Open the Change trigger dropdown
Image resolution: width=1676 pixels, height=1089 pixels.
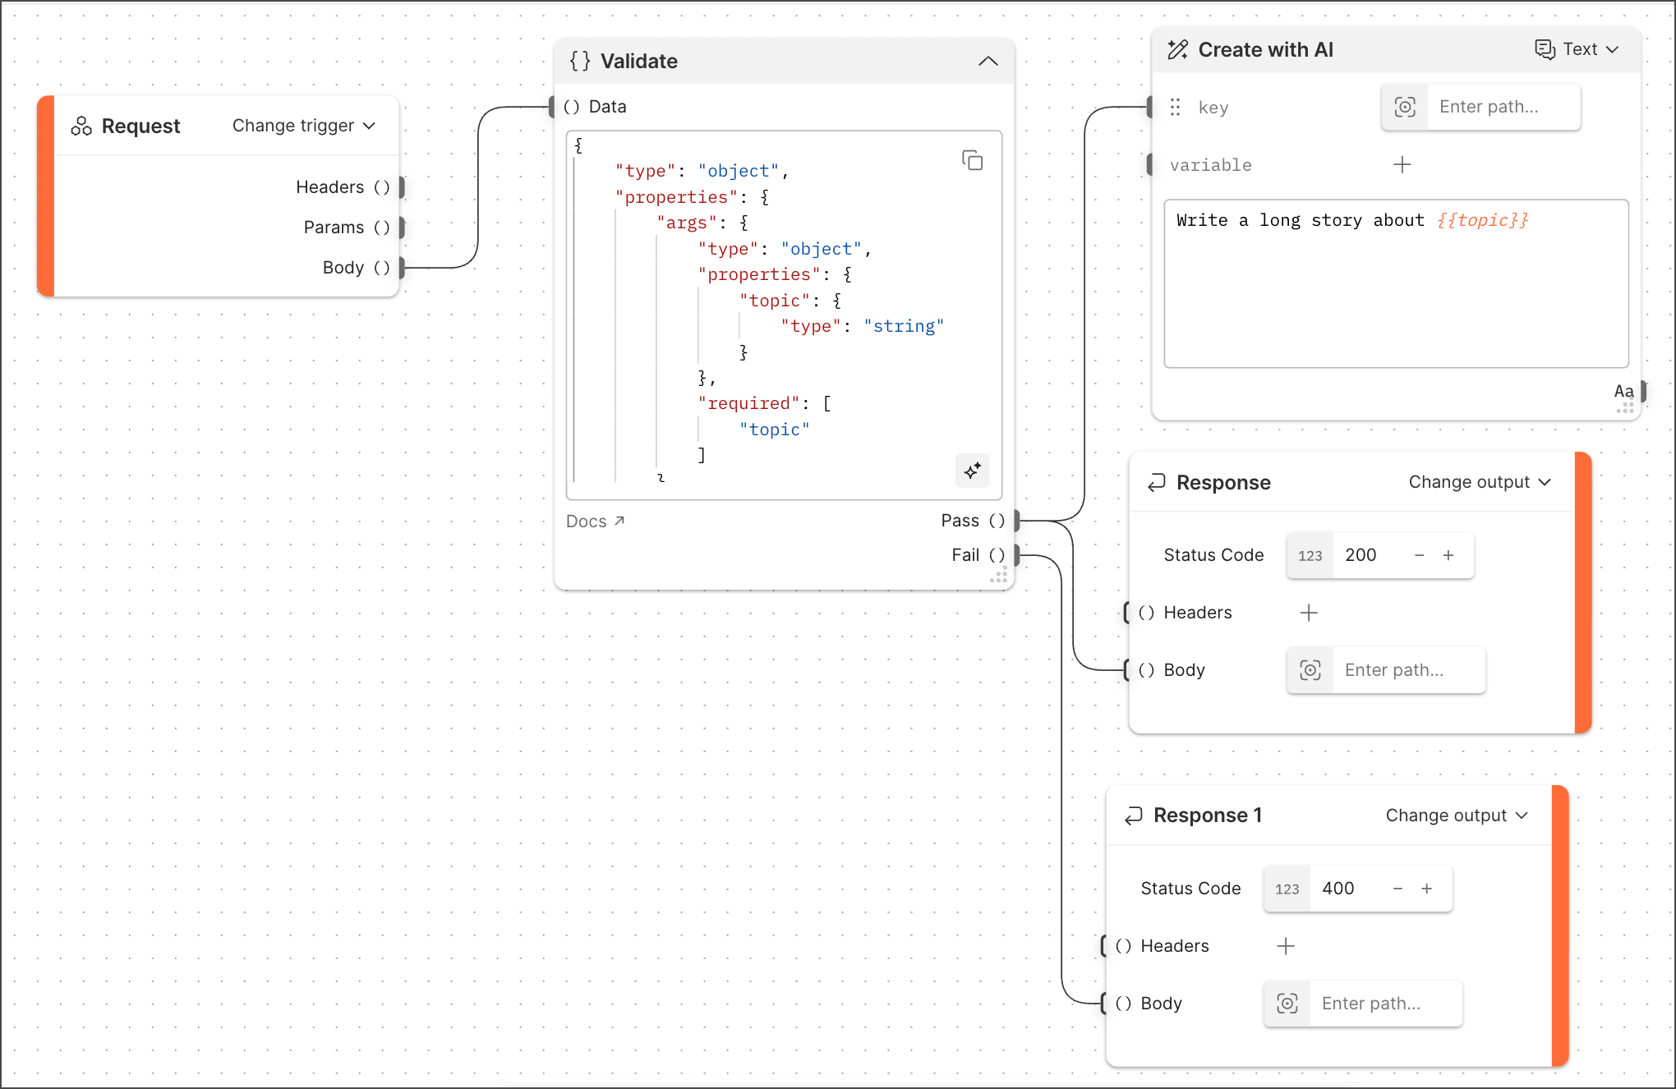click(x=303, y=126)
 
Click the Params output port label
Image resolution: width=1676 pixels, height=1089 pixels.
click(x=334, y=227)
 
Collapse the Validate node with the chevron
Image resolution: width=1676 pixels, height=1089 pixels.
click(x=988, y=62)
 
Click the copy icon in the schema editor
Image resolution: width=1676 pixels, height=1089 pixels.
click(x=972, y=160)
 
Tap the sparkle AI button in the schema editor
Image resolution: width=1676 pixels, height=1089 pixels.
click(x=972, y=471)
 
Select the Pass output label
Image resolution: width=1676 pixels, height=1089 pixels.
click(x=960, y=521)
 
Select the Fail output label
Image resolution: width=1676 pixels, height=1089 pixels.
click(x=965, y=555)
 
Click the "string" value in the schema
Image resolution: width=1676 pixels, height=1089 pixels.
click(x=903, y=327)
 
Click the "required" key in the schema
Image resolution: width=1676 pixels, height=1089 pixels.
click(x=748, y=404)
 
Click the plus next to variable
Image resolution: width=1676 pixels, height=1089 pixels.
click(x=1402, y=165)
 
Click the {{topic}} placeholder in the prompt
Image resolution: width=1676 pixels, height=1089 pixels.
click(x=1482, y=220)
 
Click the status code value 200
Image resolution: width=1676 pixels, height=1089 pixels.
click(x=1361, y=555)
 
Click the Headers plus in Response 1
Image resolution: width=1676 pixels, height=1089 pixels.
click(x=1286, y=946)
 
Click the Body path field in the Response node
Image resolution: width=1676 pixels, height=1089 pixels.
click(x=1407, y=670)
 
